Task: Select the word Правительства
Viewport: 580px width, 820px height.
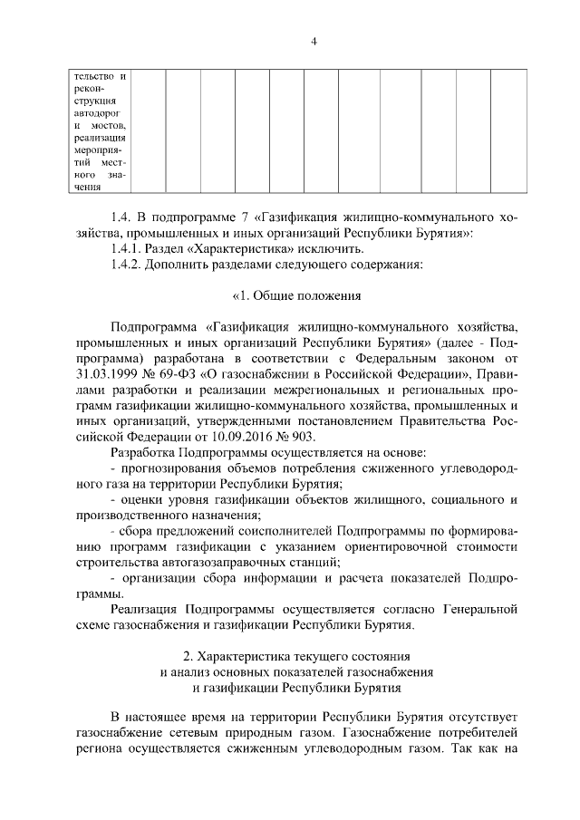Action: (x=445, y=421)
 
